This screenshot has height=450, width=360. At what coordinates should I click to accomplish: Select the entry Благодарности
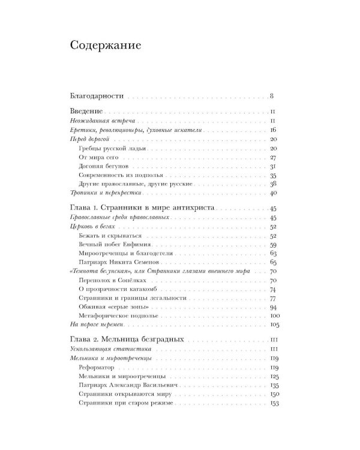pos(96,95)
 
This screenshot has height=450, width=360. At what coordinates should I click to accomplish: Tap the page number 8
pos(272,95)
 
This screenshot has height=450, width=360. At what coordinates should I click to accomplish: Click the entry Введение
pos(87,112)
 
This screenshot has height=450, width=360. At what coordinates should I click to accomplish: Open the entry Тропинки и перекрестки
pos(101,193)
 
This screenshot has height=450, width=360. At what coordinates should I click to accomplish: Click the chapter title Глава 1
pos(143,208)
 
